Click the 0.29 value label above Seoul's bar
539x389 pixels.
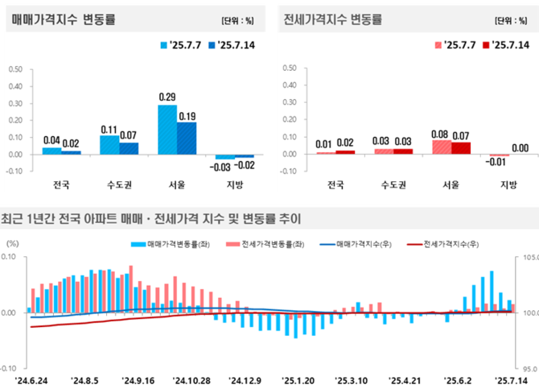pyautogui.click(x=167, y=97)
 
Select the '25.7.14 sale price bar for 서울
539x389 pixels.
pyautogui.click(x=186, y=138)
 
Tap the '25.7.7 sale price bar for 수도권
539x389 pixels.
pyautogui.click(x=109, y=145)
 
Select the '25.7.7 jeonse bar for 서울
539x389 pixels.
pyautogui.click(x=442, y=147)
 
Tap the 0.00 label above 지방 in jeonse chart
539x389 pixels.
pyautogui.click(x=520, y=147)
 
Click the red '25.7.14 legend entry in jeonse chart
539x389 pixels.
pyautogui.click(x=507, y=44)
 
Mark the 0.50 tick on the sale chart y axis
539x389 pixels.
pyautogui.click(x=15, y=69)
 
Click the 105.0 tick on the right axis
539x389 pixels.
pyautogui.click(x=528, y=258)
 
